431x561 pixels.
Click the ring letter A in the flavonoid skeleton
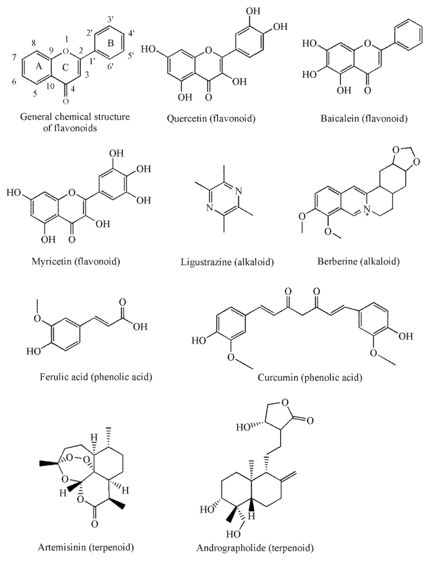pos(39,67)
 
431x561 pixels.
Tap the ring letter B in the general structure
pos(110,43)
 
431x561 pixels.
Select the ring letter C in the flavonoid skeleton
pos(66,68)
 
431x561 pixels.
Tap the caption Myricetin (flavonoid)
pos(76,262)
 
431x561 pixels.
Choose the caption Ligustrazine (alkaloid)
pos(227,262)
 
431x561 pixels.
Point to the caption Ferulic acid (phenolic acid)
pos(96,377)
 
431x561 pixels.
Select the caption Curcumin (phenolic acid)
pos(310,377)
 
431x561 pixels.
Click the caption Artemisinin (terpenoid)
pos(86,548)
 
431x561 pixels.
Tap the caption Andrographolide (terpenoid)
pos(255,548)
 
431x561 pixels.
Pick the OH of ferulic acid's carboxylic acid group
pos(140,327)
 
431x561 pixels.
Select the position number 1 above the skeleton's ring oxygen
pos(67,39)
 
